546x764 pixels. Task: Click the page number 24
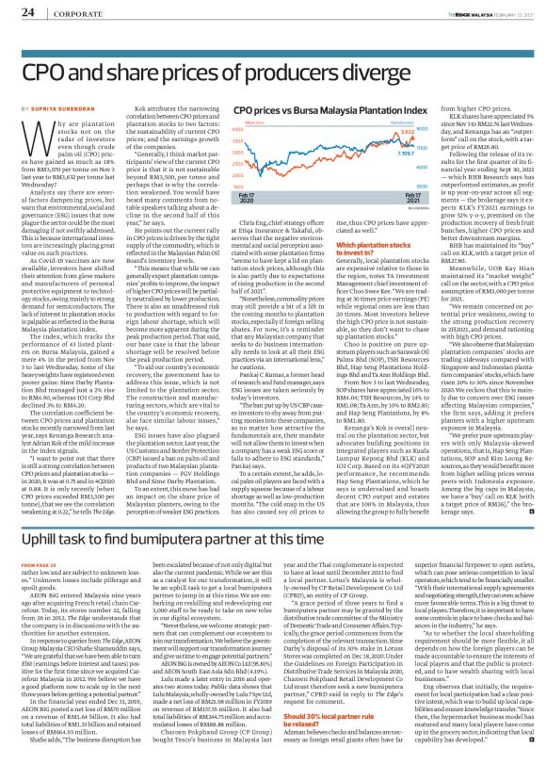pos(26,11)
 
